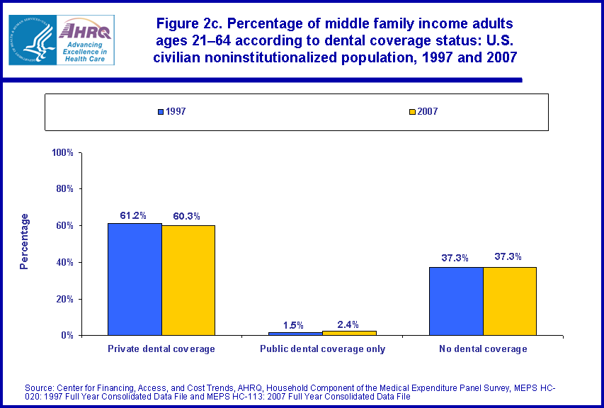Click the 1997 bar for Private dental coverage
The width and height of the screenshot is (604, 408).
point(135,279)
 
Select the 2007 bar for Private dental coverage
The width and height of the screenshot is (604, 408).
point(188,280)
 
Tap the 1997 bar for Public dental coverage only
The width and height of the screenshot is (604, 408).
point(295,333)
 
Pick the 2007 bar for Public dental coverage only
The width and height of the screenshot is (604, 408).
point(349,332)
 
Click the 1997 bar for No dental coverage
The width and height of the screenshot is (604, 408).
point(456,301)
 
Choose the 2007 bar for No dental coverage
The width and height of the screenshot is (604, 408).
point(510,301)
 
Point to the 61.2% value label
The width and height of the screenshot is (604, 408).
point(135,215)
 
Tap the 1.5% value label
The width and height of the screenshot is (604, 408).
point(295,325)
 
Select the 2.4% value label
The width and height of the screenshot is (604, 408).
point(349,324)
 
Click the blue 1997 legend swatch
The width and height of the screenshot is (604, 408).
point(161,112)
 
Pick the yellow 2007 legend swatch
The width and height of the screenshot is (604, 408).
point(411,112)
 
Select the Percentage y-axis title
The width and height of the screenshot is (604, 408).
point(25,241)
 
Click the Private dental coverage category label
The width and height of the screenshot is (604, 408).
point(161,348)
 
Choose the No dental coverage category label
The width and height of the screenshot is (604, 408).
point(483,348)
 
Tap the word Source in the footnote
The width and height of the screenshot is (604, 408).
point(40,387)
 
